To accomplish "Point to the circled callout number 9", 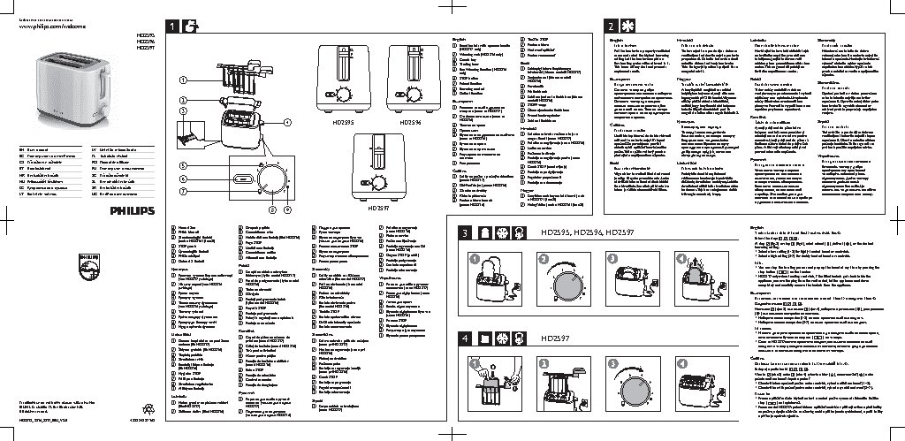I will click(273, 209).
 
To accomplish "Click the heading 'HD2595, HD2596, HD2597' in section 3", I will click(574, 233).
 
